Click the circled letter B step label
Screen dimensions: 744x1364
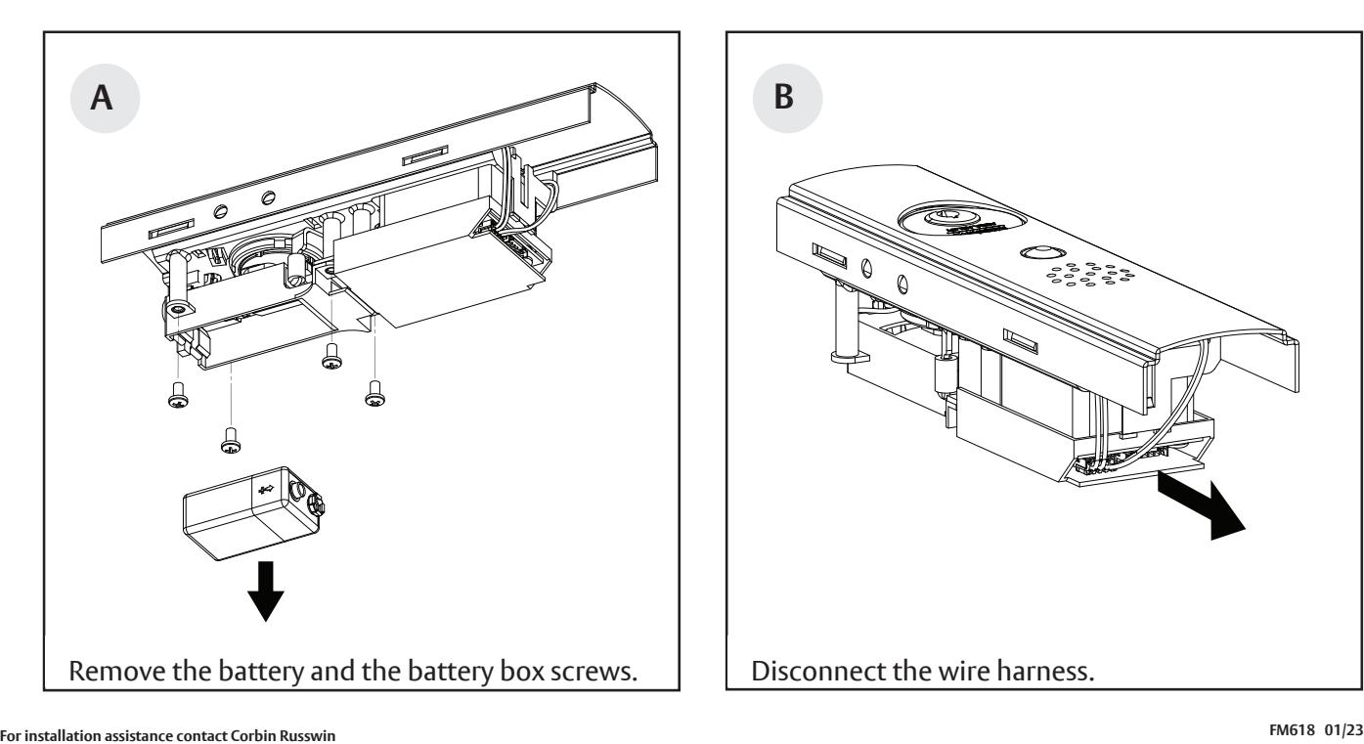tap(785, 102)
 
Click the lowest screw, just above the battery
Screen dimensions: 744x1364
tap(231, 442)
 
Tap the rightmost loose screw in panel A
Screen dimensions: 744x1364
tap(374, 394)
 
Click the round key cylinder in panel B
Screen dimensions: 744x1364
tap(944, 220)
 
